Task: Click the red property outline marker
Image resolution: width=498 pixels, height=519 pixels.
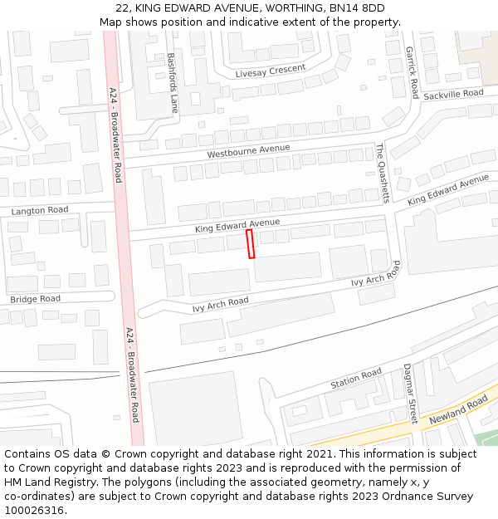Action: tap(251, 244)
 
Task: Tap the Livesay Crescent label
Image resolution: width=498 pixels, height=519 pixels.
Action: tap(270, 71)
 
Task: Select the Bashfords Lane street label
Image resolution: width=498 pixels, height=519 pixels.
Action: tap(172, 83)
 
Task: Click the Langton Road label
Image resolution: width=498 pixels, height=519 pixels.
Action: tap(40, 211)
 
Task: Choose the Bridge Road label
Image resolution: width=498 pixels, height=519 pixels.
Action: tap(35, 299)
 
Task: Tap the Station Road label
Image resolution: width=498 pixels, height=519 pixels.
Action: tap(356, 379)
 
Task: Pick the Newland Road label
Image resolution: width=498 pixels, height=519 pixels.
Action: tap(458, 410)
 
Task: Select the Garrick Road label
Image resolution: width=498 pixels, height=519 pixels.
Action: tap(411, 72)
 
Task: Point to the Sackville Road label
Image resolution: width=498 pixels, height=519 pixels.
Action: tap(452, 95)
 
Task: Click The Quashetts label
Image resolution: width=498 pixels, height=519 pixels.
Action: tap(382, 173)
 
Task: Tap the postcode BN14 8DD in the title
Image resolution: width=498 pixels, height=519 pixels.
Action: tap(358, 8)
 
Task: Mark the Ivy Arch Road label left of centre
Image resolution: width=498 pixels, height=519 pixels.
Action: tap(220, 305)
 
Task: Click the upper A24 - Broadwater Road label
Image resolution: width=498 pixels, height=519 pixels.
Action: tap(115, 135)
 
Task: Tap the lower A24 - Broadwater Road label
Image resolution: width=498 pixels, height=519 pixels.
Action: tap(132, 375)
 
